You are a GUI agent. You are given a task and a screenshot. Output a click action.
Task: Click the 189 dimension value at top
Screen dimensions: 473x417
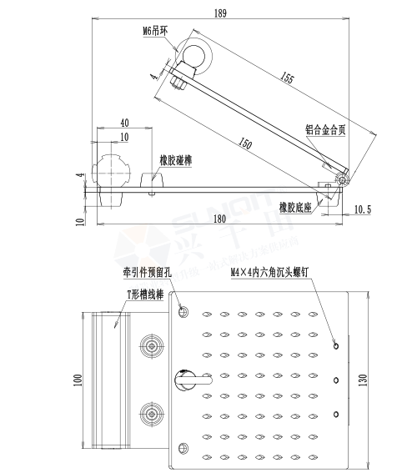click(x=220, y=13)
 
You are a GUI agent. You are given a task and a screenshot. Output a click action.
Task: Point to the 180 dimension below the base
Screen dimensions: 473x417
click(x=219, y=219)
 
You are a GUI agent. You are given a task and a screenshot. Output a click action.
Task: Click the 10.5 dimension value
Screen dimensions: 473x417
click(x=362, y=208)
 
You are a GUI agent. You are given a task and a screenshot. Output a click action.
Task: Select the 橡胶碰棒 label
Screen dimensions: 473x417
click(x=176, y=159)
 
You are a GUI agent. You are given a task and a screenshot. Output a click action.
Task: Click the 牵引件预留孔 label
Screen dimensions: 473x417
click(x=147, y=272)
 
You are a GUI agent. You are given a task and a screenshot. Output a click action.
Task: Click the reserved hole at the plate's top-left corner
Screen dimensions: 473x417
click(x=183, y=311)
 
